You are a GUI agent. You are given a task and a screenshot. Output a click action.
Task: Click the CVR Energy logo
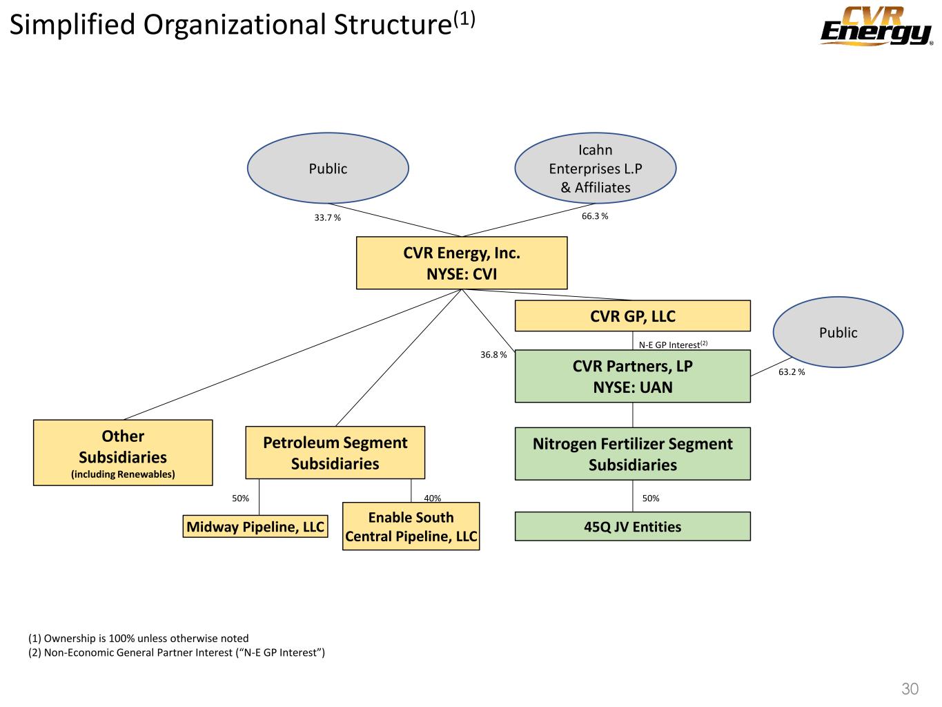876,27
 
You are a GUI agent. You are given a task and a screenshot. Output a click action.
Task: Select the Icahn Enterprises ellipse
595,168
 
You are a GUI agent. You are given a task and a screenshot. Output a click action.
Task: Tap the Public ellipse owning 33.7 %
328,168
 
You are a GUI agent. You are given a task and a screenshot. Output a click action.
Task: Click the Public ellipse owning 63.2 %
838,333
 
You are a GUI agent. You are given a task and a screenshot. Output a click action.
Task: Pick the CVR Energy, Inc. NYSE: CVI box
461,263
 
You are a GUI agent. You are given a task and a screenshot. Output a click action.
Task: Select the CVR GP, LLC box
632,316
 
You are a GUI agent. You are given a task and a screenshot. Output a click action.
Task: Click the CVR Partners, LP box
632,376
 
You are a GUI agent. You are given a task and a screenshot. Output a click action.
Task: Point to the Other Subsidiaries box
123,453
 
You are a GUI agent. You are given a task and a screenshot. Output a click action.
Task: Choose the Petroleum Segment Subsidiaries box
335,453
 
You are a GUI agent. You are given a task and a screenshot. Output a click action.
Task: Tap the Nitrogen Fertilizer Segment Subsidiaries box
632,454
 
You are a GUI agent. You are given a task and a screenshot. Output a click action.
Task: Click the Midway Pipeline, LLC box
255,527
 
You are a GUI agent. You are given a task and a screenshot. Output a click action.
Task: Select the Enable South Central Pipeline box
411,527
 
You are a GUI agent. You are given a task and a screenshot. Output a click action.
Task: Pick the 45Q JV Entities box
632,527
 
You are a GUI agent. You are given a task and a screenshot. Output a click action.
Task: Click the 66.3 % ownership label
595,216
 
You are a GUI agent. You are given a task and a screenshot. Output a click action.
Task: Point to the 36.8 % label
493,355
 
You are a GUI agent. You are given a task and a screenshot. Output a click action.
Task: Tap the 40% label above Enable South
433,498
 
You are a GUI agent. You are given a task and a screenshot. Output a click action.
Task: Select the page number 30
910,688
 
